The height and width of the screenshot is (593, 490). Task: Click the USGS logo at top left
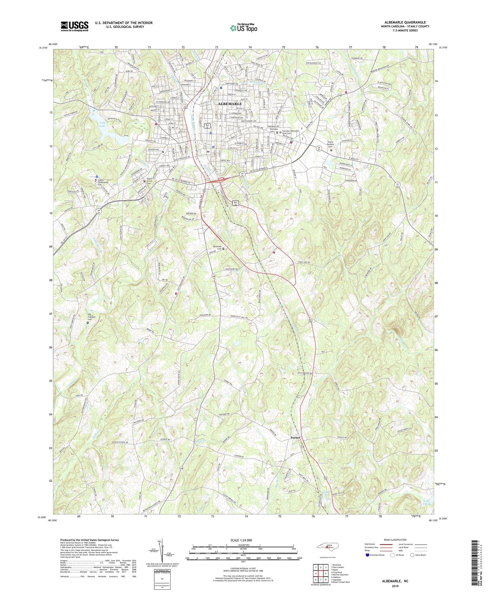74,26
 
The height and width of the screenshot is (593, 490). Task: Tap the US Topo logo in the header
243,28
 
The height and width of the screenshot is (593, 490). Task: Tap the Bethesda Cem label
217,247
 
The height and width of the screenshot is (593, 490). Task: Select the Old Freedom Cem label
93,317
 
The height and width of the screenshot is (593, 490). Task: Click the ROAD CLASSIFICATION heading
395,540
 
